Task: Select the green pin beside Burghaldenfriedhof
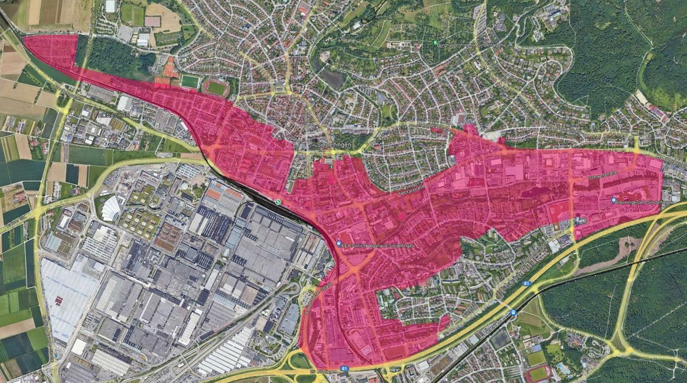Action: (x=436, y=44)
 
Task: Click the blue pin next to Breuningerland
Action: (x=614, y=200)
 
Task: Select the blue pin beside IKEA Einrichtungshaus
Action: (x=338, y=244)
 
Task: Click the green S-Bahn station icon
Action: (x=278, y=202)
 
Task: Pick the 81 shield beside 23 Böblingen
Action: (x=345, y=368)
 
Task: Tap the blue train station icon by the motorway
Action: (x=513, y=311)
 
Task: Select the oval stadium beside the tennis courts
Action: (x=216, y=88)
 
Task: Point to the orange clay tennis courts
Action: (x=169, y=70)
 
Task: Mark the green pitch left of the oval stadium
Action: (x=190, y=81)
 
